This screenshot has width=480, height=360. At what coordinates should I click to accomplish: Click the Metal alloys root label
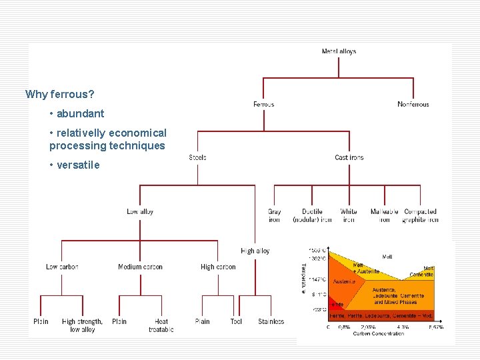pyautogui.click(x=339, y=51)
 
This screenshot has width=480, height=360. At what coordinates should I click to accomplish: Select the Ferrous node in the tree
pyautogui.click(x=263, y=105)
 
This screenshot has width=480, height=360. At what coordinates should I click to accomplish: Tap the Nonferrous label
pyautogui.click(x=413, y=105)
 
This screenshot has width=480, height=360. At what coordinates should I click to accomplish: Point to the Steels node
pyautogui.click(x=197, y=158)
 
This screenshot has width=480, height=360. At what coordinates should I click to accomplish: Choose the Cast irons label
pyautogui.click(x=349, y=158)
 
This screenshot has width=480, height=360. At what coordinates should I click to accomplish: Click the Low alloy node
pyautogui.click(x=140, y=212)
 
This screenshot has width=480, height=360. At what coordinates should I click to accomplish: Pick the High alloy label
pyautogui.click(x=255, y=251)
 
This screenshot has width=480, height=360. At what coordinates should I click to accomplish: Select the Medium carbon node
pyautogui.click(x=140, y=267)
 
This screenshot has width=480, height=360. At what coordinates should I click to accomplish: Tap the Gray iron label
pyautogui.click(x=274, y=216)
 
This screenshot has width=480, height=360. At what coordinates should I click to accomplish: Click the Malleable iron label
pyautogui.click(x=385, y=216)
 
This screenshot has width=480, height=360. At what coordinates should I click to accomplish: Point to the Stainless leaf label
pyautogui.click(x=271, y=322)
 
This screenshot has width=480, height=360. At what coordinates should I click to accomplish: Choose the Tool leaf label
pyautogui.click(x=236, y=322)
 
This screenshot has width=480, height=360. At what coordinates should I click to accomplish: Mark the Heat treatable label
pyautogui.click(x=161, y=325)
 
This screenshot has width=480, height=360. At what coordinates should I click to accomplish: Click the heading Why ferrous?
pyautogui.click(x=60, y=95)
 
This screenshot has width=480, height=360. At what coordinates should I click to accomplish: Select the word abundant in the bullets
pyautogui.click(x=80, y=114)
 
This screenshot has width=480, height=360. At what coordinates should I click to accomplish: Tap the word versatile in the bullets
pyautogui.click(x=78, y=165)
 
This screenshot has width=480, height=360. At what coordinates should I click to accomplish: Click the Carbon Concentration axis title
pyautogui.click(x=379, y=333)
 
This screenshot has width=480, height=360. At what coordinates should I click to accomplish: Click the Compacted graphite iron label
pyautogui.click(x=420, y=216)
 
